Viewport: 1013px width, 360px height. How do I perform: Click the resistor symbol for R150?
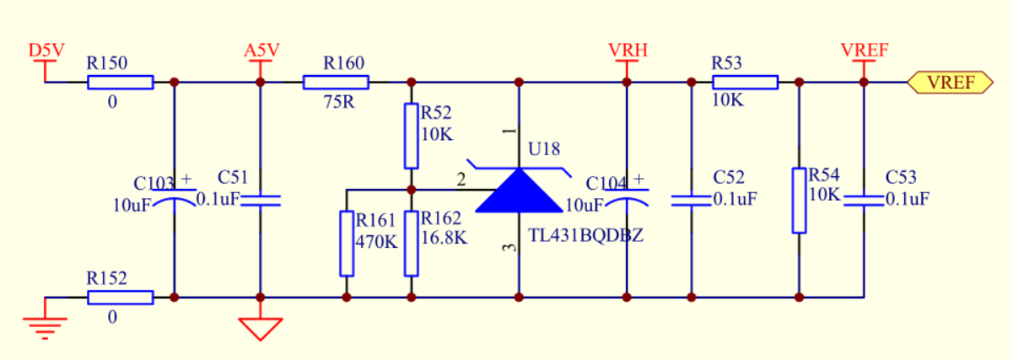click(x=121, y=82)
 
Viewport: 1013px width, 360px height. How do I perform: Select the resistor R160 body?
click(x=336, y=82)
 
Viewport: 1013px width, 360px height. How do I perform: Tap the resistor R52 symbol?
click(x=411, y=136)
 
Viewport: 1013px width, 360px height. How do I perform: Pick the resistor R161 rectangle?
click(x=346, y=244)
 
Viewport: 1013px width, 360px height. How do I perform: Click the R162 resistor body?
click(x=411, y=244)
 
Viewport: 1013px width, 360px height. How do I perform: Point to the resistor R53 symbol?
click(x=745, y=82)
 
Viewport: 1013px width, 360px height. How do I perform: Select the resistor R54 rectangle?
click(x=799, y=201)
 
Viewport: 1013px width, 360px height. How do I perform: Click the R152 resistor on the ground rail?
click(x=121, y=297)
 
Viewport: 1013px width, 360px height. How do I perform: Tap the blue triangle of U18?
click(x=518, y=191)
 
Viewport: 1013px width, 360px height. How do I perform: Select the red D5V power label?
click(x=46, y=51)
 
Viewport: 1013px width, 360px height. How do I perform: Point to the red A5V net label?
click(x=261, y=51)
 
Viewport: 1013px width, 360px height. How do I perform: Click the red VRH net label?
click(x=627, y=51)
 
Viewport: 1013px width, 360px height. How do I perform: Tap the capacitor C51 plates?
click(x=261, y=200)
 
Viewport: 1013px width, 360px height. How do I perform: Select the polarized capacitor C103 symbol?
click(x=174, y=200)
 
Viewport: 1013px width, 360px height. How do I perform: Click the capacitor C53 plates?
click(x=864, y=200)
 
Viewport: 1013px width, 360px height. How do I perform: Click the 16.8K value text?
click(x=444, y=238)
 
